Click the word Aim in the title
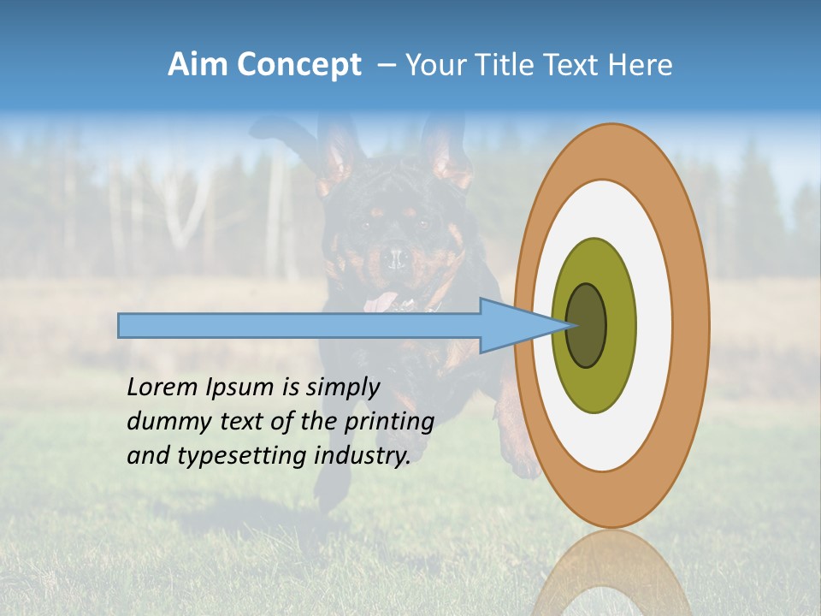click(198, 65)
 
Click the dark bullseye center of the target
click(586, 325)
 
